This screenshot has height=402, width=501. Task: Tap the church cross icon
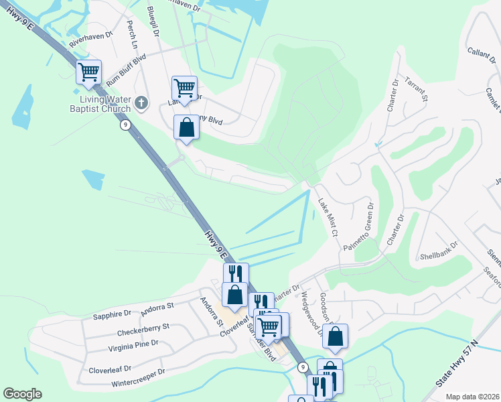[141, 103]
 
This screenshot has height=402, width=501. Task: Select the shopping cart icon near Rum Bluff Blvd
[88, 71]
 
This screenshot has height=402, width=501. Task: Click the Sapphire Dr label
[112, 314]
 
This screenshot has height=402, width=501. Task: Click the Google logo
[22, 394]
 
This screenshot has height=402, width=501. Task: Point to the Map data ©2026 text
[472, 397]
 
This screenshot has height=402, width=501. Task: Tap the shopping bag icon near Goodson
[336, 336]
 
